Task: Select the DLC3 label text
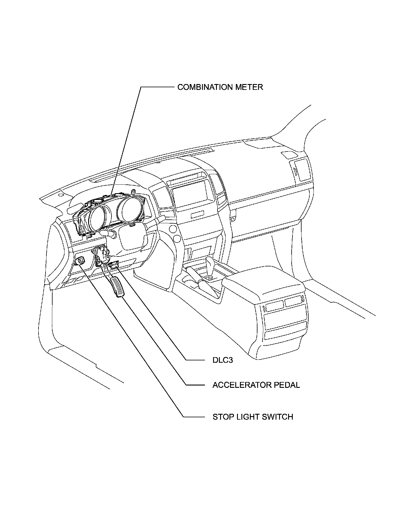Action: click(x=222, y=360)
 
